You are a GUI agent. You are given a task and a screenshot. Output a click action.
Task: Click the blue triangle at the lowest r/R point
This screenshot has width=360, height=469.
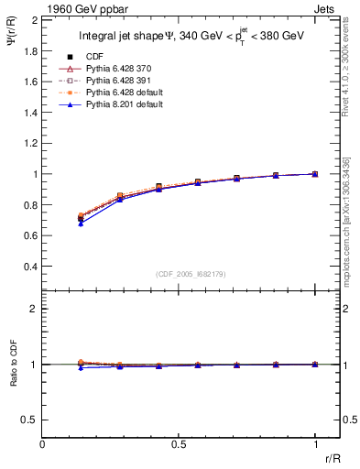(81, 223)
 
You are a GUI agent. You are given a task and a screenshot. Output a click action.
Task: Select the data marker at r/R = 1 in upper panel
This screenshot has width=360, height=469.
(316, 173)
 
